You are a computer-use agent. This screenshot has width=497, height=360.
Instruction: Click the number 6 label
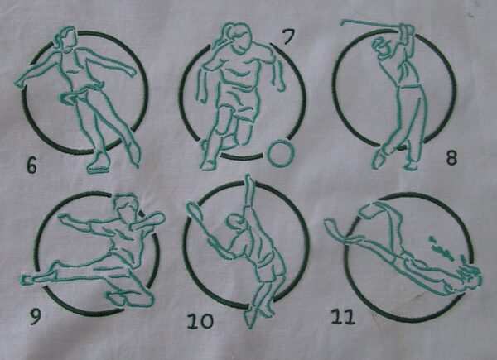[x=31, y=165]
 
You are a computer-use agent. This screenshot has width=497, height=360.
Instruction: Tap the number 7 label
[x=287, y=37]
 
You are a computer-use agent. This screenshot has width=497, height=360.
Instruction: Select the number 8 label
[x=451, y=157]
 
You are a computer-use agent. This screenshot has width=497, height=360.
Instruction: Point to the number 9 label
[x=35, y=316]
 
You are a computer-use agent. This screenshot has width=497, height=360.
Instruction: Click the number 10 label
[x=200, y=321]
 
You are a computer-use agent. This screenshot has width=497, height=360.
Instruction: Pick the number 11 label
[x=342, y=317]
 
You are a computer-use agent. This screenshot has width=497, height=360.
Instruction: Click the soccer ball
[x=281, y=153]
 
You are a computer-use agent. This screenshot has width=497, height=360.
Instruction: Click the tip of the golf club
[x=343, y=22]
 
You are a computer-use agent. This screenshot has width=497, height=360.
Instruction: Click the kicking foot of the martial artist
[x=27, y=278]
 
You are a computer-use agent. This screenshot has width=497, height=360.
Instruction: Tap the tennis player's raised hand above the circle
[x=249, y=182]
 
